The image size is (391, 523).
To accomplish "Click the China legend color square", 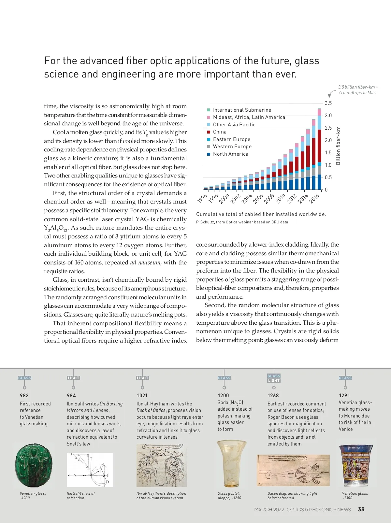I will tap(209, 132).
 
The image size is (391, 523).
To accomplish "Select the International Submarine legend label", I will tap(242, 110).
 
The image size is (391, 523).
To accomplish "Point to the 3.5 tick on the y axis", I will tap(328, 103).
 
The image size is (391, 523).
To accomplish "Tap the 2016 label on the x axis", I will tap(314, 198).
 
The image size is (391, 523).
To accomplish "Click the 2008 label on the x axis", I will tap(269, 198).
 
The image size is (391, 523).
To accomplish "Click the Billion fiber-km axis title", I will tap(338, 146).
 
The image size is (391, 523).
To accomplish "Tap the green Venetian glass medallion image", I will tap(34, 465).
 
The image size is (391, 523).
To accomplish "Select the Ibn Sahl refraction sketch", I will tap(90, 470).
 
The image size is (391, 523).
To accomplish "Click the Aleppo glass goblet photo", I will tap(231, 464).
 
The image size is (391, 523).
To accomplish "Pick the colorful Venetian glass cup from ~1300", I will tap(356, 466).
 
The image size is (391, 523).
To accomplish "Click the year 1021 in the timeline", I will tap(142, 396).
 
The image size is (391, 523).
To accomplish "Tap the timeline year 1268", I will tap(273, 396).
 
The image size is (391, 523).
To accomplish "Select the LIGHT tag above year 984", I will tap(73, 378).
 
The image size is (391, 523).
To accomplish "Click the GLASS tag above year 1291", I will tap(345, 378).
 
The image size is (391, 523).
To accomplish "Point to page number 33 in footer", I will tap(361, 509).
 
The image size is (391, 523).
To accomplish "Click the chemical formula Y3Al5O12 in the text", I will tap(56, 228).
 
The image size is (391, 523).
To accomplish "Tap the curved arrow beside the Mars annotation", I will tap(332, 94).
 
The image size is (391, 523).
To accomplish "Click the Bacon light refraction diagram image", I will tap(293, 470).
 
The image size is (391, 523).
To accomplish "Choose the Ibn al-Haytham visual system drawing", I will tap(162, 465).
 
